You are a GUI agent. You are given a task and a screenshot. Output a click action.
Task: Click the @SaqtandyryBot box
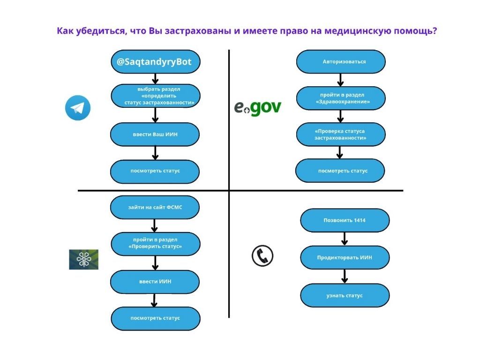[x=154, y=62]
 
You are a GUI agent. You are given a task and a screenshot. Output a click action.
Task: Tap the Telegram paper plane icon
[x=77, y=108]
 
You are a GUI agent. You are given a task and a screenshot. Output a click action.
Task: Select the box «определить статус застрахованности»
[x=155, y=96]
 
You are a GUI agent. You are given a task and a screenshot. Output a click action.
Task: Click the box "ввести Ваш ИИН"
[x=155, y=135]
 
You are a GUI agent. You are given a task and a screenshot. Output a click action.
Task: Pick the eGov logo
[x=257, y=108]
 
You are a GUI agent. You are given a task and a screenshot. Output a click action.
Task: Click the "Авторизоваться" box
[x=341, y=62]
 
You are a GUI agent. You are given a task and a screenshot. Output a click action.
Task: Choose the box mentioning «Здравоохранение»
[x=341, y=98]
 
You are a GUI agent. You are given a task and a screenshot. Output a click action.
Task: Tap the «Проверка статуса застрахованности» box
[x=340, y=135]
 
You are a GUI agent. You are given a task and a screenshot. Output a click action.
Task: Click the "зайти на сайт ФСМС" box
[x=155, y=207]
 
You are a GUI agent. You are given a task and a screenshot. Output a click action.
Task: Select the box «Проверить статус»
[x=155, y=243]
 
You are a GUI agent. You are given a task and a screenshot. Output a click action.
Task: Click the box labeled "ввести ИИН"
[x=155, y=282]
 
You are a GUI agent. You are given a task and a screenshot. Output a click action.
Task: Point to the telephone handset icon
[x=262, y=255]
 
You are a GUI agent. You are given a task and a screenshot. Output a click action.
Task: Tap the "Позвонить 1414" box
[x=345, y=220]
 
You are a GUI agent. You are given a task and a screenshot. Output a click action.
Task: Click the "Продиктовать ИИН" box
[x=345, y=257]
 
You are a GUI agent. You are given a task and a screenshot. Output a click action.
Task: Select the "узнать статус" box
[x=345, y=295]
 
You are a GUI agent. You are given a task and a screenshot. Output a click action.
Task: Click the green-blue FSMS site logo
[x=83, y=259]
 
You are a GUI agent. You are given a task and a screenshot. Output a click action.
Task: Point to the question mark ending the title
[x=435, y=31]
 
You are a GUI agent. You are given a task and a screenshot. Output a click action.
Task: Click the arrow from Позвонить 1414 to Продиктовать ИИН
[x=345, y=239]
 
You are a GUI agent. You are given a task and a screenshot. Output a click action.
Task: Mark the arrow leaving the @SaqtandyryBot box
[x=155, y=79]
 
